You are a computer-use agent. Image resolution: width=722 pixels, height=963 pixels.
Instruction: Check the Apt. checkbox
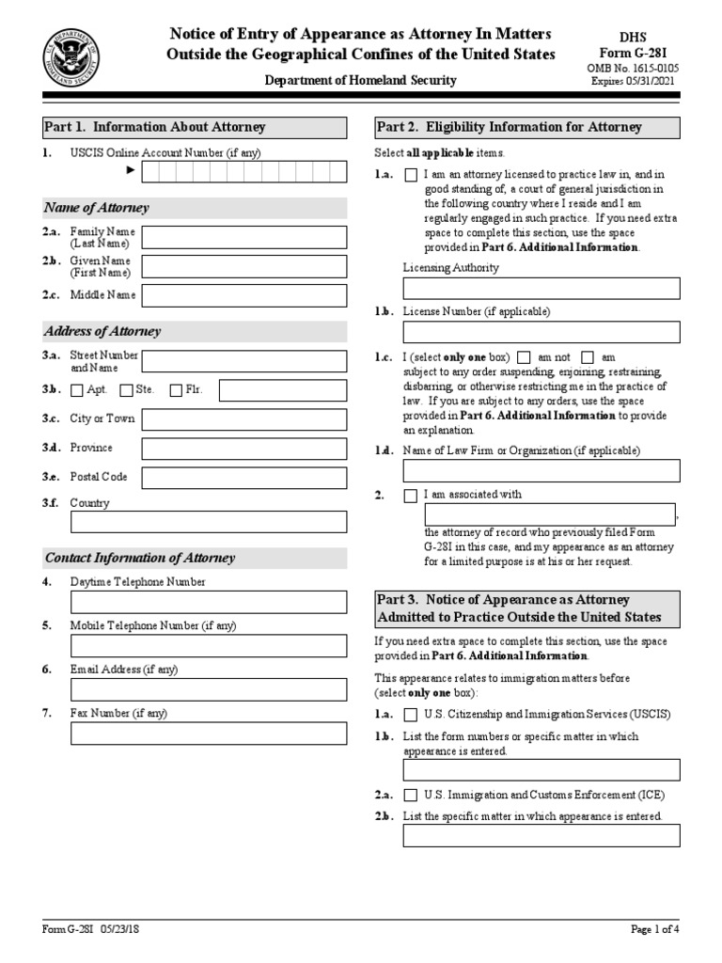click(77, 390)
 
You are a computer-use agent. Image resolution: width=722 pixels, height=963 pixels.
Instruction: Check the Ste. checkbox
click(126, 390)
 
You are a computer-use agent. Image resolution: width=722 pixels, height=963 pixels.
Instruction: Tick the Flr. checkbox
click(176, 390)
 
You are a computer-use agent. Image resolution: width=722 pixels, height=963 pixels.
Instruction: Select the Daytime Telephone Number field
click(208, 602)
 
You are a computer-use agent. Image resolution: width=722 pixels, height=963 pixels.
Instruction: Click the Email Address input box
click(208, 689)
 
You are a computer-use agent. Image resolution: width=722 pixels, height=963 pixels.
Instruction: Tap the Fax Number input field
click(208, 734)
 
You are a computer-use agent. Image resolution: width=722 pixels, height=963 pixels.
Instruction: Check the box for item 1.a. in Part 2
click(411, 175)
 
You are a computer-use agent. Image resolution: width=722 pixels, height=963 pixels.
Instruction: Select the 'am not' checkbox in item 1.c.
click(523, 357)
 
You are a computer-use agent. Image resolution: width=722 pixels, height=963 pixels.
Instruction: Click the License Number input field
click(541, 332)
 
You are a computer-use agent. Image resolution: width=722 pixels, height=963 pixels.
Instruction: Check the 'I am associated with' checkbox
click(411, 496)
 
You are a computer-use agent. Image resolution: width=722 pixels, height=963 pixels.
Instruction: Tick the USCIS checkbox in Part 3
click(411, 715)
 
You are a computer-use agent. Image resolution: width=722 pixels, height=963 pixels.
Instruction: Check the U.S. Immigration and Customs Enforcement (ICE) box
click(411, 795)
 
